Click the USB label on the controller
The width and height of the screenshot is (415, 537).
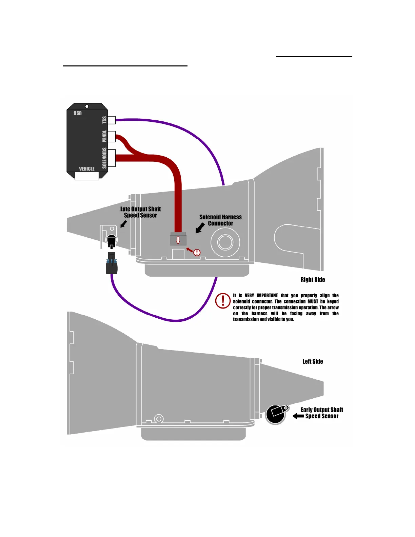tap(78, 113)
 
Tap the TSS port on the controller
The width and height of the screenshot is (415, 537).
tap(112, 120)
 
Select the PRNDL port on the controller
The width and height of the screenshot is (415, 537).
tap(112, 136)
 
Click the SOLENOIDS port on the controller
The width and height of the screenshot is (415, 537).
tap(112, 158)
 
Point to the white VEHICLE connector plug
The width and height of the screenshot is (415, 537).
tap(87, 176)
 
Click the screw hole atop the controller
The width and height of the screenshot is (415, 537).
tap(87, 106)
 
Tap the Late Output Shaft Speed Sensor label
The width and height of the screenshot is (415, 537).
tap(140, 212)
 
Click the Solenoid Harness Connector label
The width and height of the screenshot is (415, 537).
tap(220, 220)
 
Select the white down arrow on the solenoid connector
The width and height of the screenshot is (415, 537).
tap(178, 240)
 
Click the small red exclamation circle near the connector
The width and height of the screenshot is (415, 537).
tap(197, 253)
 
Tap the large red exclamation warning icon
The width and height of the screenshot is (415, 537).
tap(223, 301)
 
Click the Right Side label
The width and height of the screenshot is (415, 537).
tap(313, 280)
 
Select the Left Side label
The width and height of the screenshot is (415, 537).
tap(313, 362)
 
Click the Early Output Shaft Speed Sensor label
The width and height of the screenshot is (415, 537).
tap(322, 413)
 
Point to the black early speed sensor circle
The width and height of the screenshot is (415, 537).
tap(275, 414)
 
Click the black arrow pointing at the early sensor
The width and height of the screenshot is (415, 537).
tap(298, 416)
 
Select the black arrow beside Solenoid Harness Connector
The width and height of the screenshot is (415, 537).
tap(200, 228)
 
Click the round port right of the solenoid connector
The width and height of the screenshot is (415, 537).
tap(225, 242)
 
